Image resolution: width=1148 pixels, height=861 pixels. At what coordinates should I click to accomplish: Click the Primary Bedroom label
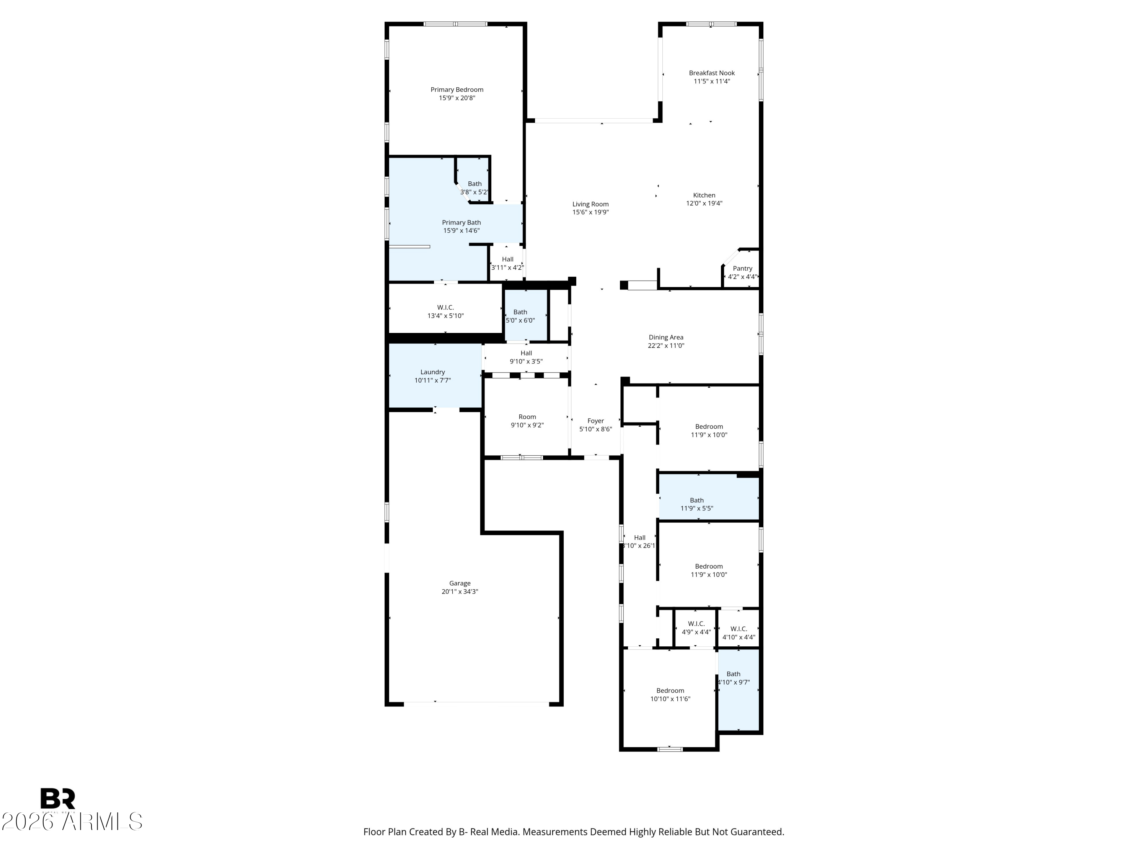[x=457, y=90]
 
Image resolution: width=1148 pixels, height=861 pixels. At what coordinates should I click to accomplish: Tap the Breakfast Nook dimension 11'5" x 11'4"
[x=711, y=82]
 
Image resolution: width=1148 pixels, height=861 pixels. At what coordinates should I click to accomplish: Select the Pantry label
[x=742, y=268]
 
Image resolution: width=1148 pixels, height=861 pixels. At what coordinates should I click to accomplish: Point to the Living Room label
[x=590, y=204]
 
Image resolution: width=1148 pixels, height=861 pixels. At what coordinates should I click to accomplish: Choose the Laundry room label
[x=432, y=372]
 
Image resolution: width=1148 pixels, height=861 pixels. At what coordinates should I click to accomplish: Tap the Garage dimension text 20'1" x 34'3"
[x=459, y=592]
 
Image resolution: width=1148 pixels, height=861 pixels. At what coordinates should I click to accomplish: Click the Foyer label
[x=595, y=421]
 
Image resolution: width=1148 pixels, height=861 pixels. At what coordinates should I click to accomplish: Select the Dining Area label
[x=665, y=338]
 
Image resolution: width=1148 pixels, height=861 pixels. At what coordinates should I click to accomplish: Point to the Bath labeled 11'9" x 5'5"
[x=696, y=504]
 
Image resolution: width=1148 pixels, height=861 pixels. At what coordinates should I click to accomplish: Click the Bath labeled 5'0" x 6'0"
[x=520, y=316]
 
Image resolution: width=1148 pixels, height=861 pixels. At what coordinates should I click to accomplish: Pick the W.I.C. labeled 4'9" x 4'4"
[x=696, y=628]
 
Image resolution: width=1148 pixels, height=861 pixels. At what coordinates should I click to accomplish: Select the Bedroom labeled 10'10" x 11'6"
[x=670, y=695]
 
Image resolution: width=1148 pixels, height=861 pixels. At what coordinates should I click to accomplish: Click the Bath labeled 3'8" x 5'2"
[x=475, y=188]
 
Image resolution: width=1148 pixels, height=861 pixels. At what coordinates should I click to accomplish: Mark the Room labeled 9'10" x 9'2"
[x=527, y=421]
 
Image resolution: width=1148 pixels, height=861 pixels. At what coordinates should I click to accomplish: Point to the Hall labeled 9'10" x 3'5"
[x=526, y=357]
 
